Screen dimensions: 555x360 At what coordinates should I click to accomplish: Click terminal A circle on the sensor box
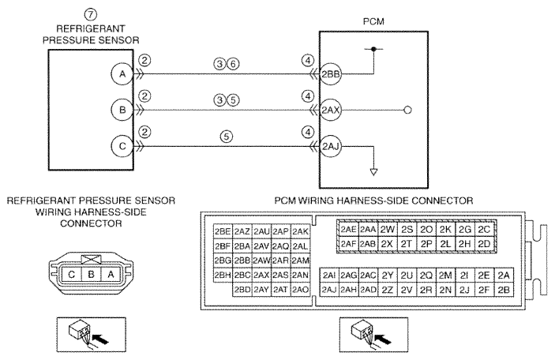click(122, 74)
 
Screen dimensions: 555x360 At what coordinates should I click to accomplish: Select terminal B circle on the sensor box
click(122, 110)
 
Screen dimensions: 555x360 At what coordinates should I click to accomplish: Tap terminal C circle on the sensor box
click(122, 146)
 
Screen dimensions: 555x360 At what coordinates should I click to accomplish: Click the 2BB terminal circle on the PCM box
click(331, 74)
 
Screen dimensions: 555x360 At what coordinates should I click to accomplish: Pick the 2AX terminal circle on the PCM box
click(331, 110)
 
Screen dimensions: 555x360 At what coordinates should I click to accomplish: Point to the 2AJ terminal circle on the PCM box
click(331, 146)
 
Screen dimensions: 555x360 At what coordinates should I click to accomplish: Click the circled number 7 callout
click(91, 14)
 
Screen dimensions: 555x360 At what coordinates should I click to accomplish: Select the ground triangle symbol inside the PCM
click(373, 172)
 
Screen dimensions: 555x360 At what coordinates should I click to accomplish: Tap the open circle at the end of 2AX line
click(407, 110)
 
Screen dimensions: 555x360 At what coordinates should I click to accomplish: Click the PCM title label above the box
click(373, 21)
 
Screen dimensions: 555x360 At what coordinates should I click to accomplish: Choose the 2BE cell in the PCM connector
click(223, 231)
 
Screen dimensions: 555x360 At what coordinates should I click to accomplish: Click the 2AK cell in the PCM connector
click(300, 231)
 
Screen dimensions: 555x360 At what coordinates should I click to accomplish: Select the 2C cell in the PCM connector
click(484, 230)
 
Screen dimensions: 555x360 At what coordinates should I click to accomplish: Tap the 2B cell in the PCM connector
click(504, 290)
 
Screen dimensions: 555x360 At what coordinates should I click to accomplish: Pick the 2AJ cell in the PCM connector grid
click(329, 290)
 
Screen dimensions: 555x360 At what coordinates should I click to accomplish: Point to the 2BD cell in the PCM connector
click(242, 290)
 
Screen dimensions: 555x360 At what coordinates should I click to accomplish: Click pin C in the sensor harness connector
click(72, 274)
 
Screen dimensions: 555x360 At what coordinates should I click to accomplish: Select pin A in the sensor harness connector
click(111, 274)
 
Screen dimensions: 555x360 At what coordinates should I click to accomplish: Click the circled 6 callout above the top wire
click(233, 64)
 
